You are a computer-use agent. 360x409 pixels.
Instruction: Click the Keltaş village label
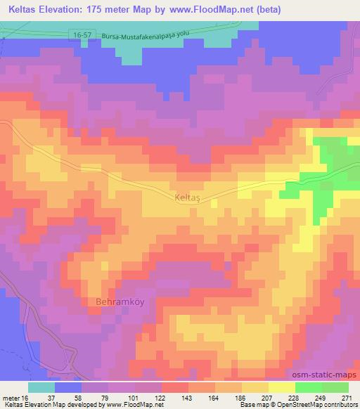[186, 199]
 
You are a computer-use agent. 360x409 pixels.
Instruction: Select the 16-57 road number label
[82, 34]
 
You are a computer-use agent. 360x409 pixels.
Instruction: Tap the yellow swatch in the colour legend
[281, 387]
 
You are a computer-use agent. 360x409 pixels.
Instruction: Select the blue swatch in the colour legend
[68, 387]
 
